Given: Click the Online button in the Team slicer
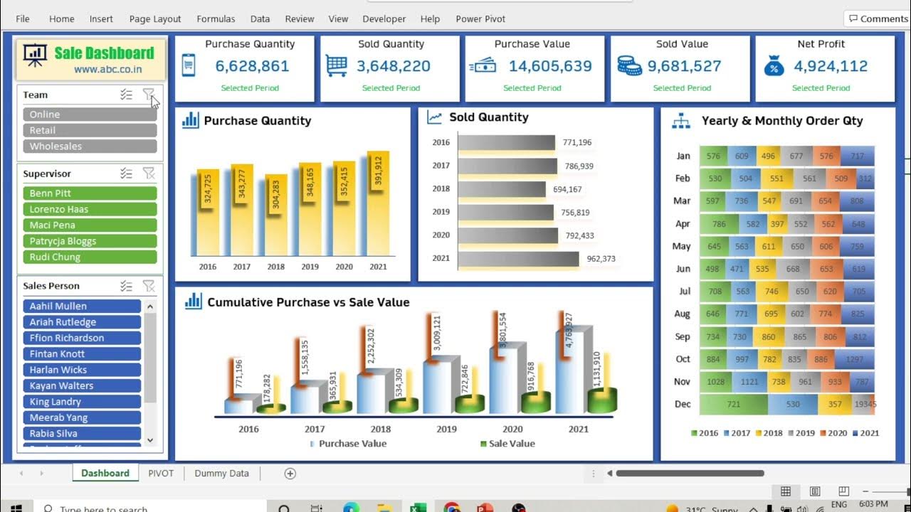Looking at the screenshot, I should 90,114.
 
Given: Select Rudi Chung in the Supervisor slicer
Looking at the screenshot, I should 90,257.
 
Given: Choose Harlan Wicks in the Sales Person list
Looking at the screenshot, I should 82,370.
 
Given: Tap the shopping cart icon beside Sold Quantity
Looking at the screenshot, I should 337,65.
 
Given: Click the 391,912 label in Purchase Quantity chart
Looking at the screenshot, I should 378,171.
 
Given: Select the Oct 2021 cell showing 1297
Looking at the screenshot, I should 855,359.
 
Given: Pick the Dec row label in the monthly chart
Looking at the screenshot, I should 683,404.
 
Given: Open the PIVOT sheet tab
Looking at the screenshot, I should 161,473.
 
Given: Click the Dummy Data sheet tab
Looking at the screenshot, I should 221,473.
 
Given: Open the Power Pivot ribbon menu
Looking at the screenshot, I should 480,19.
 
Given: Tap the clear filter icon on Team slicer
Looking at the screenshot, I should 148,94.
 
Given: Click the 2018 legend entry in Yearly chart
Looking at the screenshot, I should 769,432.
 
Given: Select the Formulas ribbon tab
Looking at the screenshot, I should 216,19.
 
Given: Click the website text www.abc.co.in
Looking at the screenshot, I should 107,70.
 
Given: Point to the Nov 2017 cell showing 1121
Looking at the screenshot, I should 749,382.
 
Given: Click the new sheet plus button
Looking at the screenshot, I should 290,474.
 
